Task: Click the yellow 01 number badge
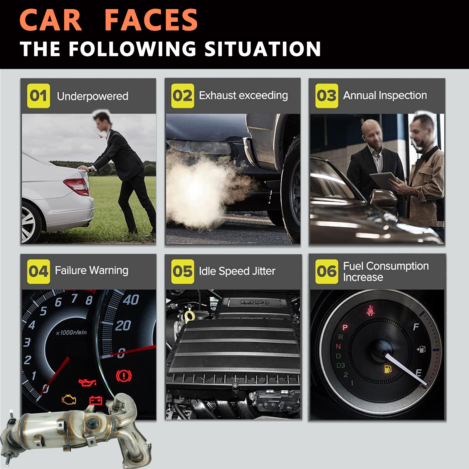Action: coord(38,96)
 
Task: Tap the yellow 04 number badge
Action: coord(38,271)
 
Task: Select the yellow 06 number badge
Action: coord(327,271)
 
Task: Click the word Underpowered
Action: coord(93,96)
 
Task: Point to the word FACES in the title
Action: coord(151,20)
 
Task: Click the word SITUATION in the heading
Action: coord(263,49)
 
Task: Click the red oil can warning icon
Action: coord(87,382)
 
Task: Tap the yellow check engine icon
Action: coord(69,399)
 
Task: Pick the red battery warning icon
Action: coord(96,400)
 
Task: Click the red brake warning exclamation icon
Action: coord(124,376)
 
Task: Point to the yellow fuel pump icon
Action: coord(388,369)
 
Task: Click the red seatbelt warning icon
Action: coord(371,310)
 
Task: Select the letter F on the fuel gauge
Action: coord(416,327)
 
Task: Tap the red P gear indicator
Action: coord(345,327)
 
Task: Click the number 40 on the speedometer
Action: coord(131,300)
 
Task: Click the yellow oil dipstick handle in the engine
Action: coord(189,316)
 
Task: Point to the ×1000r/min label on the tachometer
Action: coord(71,332)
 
